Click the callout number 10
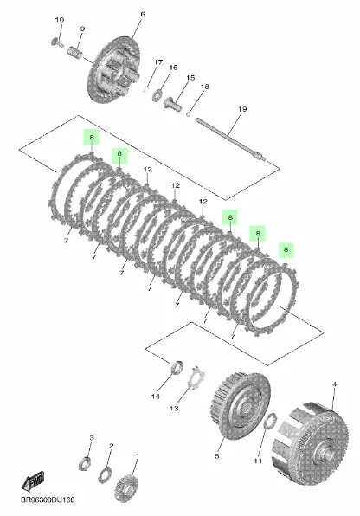(60, 19)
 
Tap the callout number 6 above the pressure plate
(143, 15)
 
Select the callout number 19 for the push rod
(218, 108)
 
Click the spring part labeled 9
(77, 54)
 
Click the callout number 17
(158, 62)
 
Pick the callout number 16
(173, 68)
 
